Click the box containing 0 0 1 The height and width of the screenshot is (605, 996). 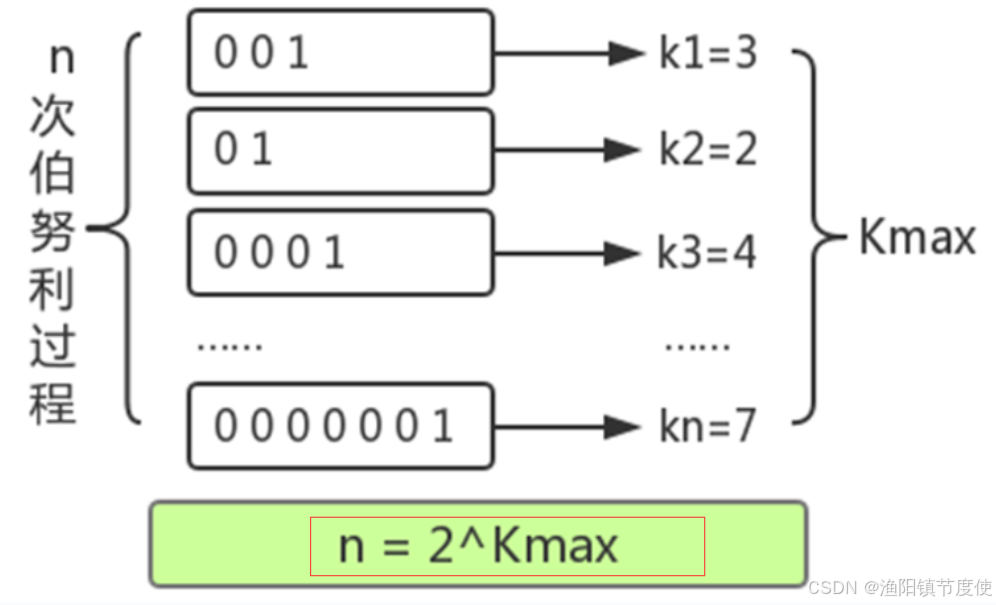(340, 52)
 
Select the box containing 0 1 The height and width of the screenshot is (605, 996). (340, 150)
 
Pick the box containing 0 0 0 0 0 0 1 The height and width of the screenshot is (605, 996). (340, 425)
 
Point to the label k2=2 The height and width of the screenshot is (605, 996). (708, 151)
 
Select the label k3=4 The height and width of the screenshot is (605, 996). (706, 253)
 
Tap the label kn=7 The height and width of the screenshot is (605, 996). (706, 427)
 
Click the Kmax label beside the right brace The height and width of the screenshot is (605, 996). (917, 238)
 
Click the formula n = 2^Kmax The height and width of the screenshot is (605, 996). (478, 546)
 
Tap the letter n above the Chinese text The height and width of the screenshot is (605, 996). (61, 58)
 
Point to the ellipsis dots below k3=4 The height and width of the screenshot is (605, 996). (698, 346)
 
